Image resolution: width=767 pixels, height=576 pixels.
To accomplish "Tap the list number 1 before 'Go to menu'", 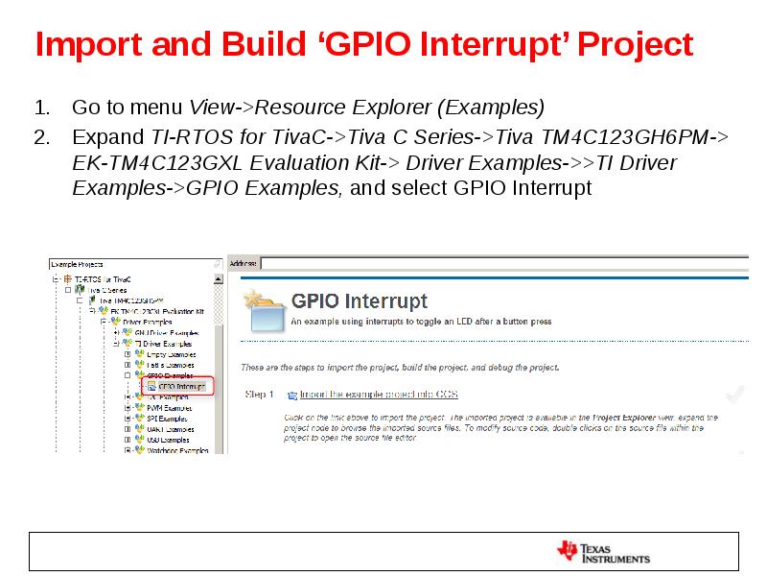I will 41,107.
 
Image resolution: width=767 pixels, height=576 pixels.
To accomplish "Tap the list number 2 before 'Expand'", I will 41,136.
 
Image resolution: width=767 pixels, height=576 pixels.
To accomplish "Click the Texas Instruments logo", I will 604,551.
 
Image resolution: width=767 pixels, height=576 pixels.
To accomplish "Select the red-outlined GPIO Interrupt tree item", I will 181,386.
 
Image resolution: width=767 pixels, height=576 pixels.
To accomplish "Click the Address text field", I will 499,263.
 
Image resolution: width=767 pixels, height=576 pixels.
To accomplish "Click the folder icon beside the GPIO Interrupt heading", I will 266,309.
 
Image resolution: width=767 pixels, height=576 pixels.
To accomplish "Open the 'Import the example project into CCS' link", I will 379,394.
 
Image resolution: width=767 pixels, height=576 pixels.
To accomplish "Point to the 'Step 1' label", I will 260,394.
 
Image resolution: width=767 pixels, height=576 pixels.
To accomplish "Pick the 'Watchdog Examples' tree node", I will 176,449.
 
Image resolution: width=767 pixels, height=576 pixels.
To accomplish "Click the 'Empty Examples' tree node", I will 171,354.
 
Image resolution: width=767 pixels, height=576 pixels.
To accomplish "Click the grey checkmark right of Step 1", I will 735,393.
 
